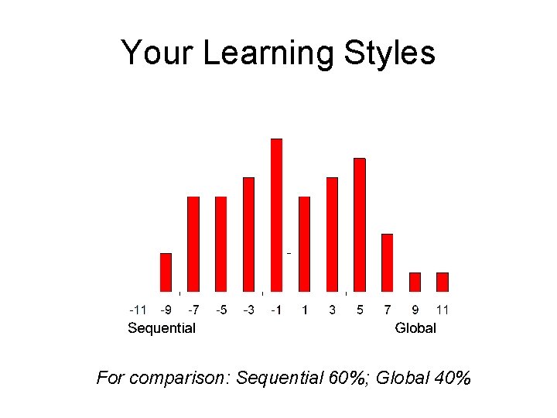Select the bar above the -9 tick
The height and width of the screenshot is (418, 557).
[x=166, y=272]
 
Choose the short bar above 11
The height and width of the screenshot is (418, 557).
[x=443, y=282]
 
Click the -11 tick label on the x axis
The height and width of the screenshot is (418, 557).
[x=138, y=310]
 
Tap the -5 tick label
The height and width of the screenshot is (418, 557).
[x=221, y=310]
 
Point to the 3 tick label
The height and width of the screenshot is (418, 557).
[x=332, y=310]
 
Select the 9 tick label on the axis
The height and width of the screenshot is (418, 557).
[x=415, y=310]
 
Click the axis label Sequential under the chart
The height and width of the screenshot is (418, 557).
[x=161, y=328]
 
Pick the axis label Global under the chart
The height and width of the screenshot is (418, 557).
[x=415, y=328]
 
